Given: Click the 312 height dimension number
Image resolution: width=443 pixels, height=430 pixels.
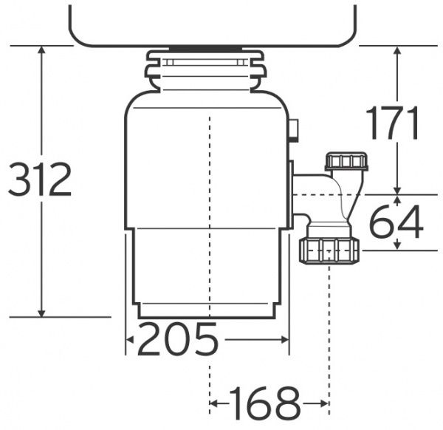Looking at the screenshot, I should coord(40,180).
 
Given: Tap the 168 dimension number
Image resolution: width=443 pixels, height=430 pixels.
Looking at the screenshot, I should coord(267,403).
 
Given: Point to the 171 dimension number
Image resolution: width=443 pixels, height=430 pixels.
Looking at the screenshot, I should coord(394,123).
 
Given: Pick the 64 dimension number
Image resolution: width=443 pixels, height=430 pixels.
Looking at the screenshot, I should coord(396,222).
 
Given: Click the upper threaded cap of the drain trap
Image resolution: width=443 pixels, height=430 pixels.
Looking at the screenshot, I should coord(346,161).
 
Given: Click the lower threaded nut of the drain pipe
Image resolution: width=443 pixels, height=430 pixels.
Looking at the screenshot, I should coord(329,250).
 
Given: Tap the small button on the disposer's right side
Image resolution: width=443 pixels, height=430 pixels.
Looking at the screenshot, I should coord(295,131).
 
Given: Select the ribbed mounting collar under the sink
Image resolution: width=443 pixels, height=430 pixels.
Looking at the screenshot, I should coord(206,71).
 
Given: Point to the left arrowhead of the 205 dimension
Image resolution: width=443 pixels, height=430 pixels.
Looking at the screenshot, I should coord(129,340).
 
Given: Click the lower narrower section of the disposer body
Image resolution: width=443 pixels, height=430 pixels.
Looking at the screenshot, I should coord(207,270).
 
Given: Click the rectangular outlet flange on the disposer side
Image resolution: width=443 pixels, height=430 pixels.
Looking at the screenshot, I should coord(291,193).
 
